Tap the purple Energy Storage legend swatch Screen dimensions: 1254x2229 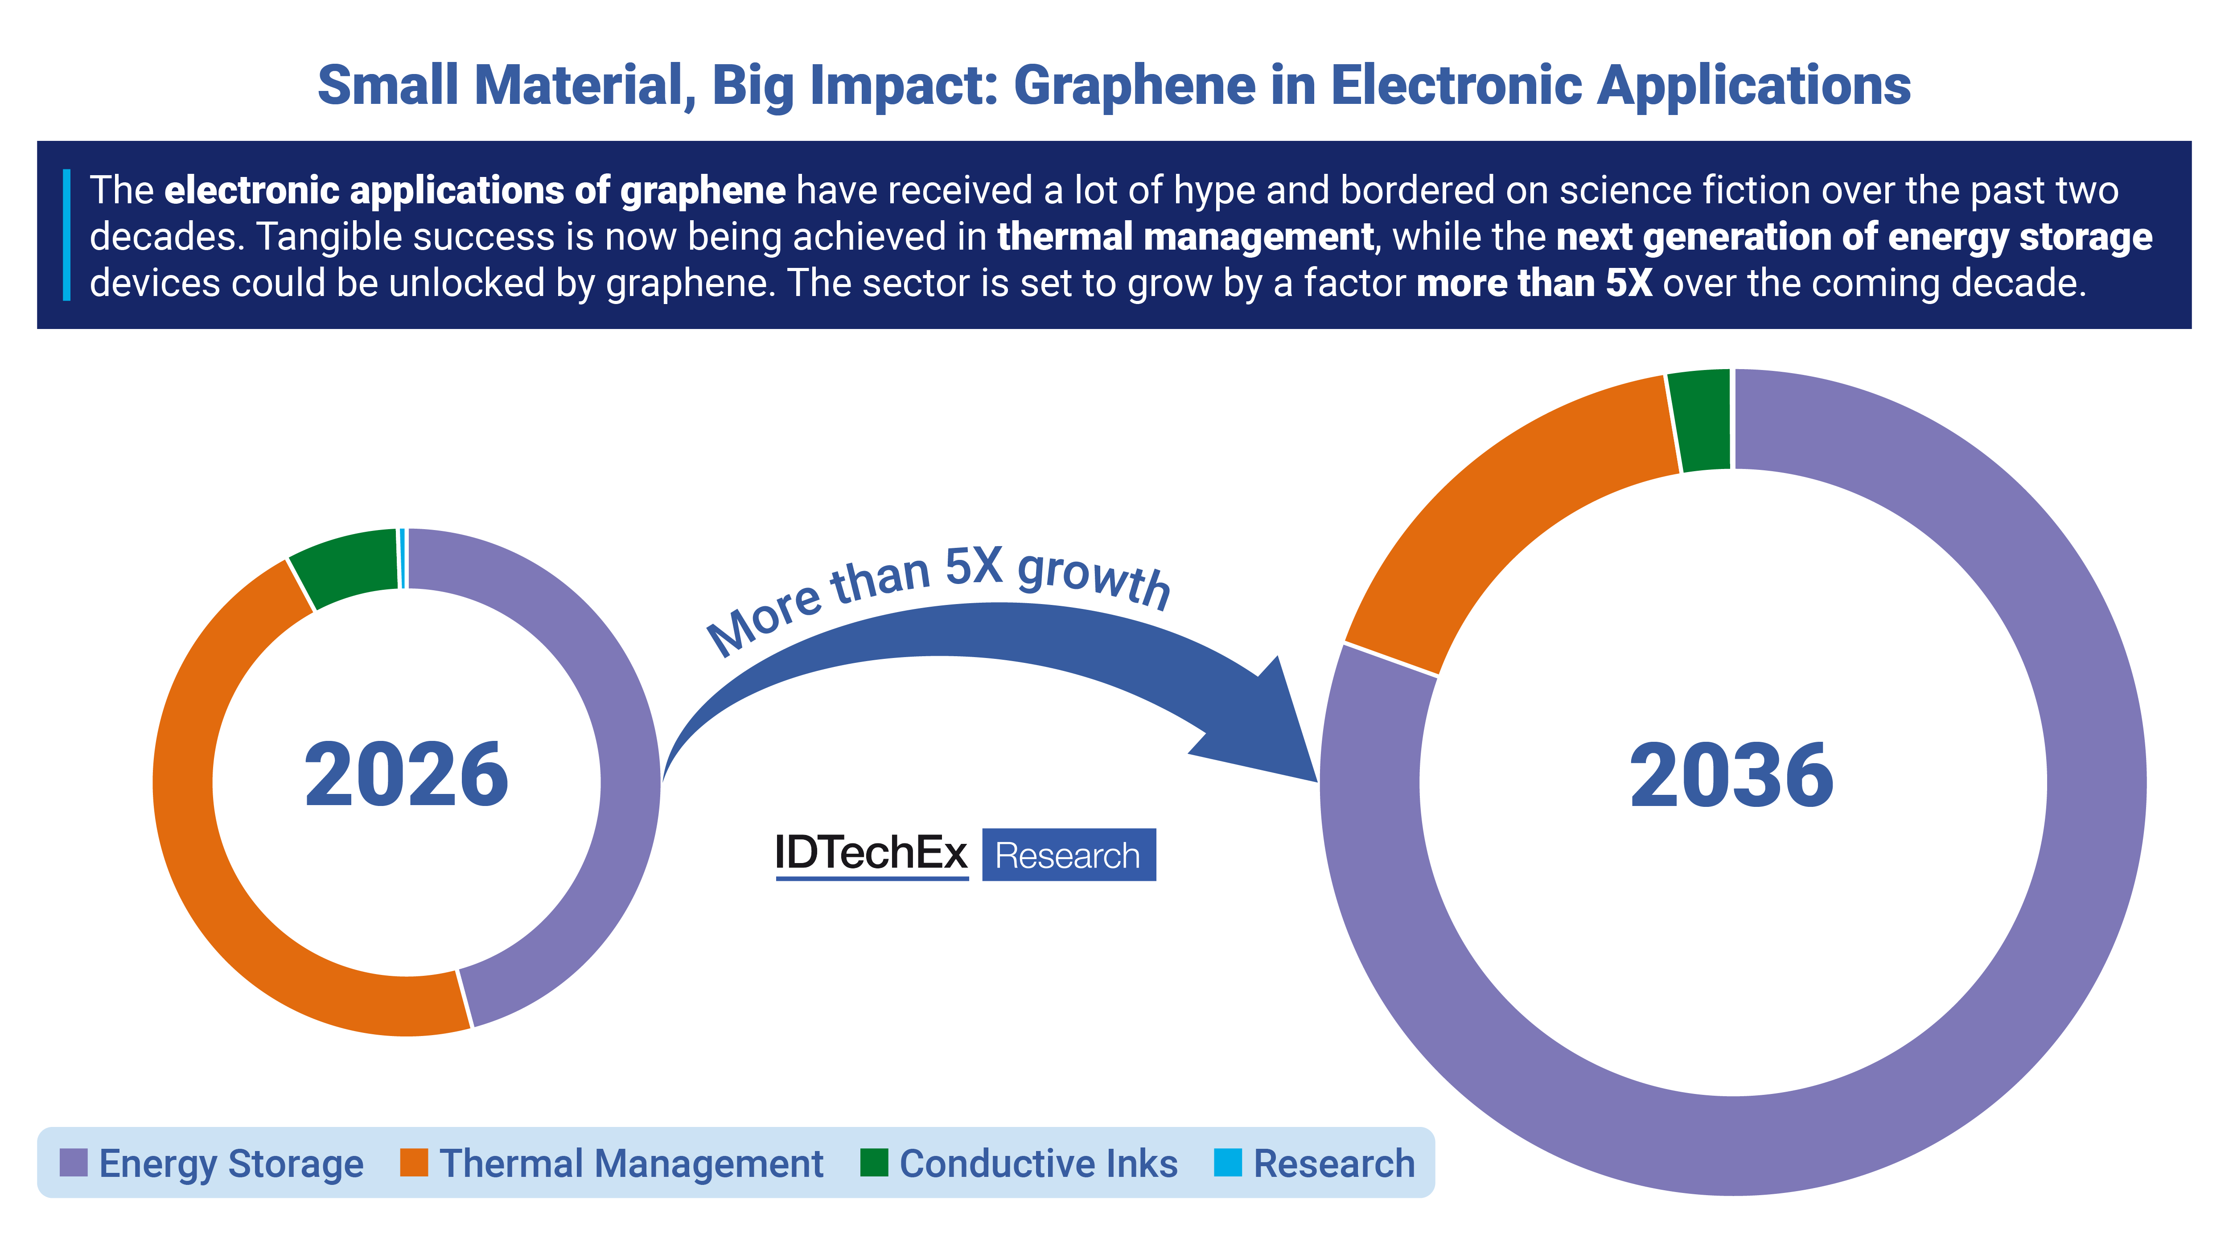74,1162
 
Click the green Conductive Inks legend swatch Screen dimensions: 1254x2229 874,1162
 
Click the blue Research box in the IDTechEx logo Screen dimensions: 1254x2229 1069,855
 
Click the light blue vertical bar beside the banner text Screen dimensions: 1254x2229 66,235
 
